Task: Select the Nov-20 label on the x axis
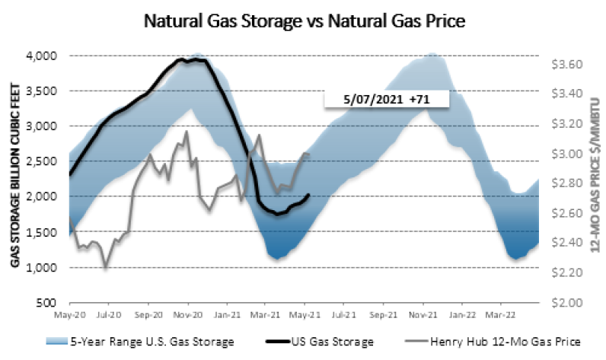click(x=187, y=313)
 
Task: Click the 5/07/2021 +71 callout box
click(x=384, y=100)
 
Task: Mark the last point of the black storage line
click(x=308, y=195)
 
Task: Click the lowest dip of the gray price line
click(x=105, y=267)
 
